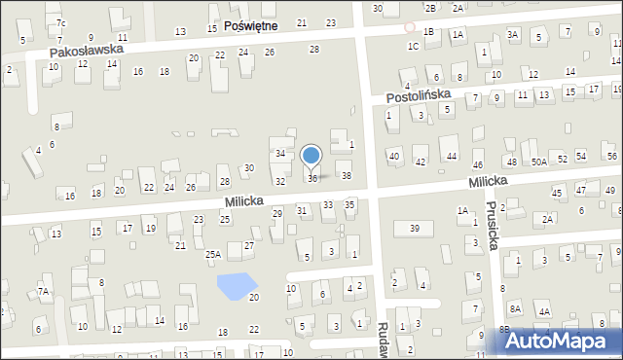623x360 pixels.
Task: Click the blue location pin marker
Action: click(x=311, y=156)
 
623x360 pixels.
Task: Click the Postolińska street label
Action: click(x=418, y=96)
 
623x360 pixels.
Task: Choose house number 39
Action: click(x=414, y=228)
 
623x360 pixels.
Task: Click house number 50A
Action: click(x=539, y=162)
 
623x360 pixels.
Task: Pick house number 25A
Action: click(x=212, y=255)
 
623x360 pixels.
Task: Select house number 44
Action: click(x=451, y=157)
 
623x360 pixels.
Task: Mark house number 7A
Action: click(x=43, y=291)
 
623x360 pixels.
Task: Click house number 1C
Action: click(x=413, y=46)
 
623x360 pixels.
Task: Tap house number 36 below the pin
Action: click(x=312, y=178)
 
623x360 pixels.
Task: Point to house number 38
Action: click(x=346, y=176)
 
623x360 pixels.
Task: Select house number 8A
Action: click(x=515, y=308)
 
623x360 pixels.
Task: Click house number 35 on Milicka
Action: click(x=349, y=204)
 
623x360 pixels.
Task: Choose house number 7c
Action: click(x=60, y=22)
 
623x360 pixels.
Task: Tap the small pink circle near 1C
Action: click(x=410, y=27)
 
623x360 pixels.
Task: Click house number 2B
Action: click(x=430, y=8)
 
